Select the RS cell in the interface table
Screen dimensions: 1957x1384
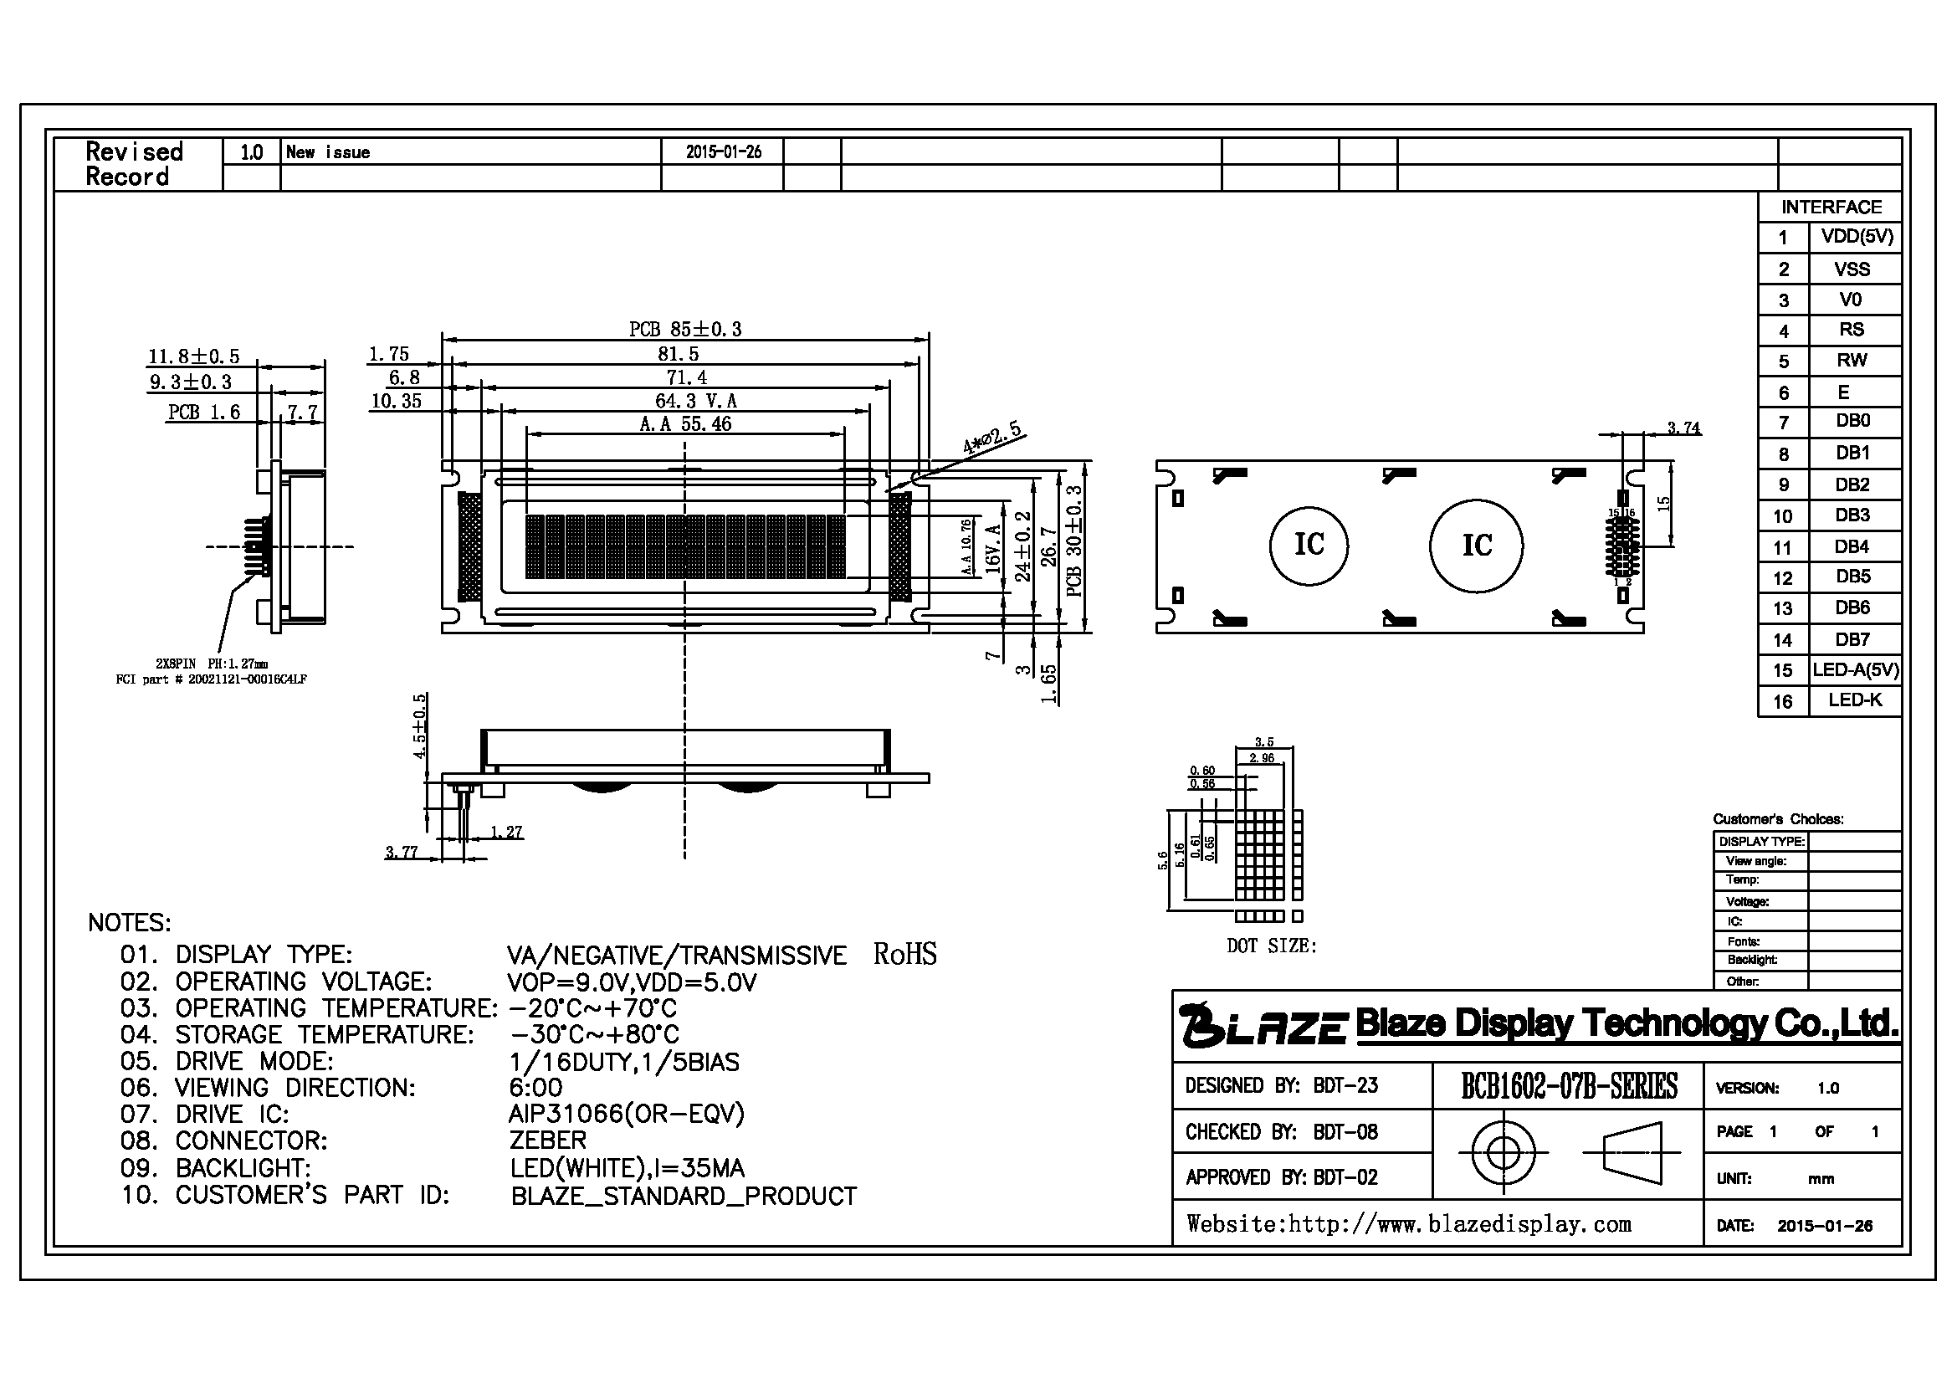pyautogui.click(x=1854, y=330)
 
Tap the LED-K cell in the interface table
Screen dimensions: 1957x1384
pyautogui.click(x=1854, y=700)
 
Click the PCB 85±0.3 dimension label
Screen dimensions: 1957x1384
pyautogui.click(x=685, y=329)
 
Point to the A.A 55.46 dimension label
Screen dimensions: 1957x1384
pyautogui.click(x=685, y=423)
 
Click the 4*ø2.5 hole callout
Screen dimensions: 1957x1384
pyautogui.click(x=992, y=437)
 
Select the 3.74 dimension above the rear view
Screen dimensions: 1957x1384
pyautogui.click(x=1683, y=427)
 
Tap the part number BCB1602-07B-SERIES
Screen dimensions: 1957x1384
pyautogui.click(x=1569, y=1086)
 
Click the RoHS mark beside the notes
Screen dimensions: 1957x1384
pyautogui.click(x=904, y=954)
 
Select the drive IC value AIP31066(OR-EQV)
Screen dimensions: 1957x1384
pyautogui.click(x=627, y=1114)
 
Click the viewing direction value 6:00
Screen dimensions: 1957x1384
pyautogui.click(x=536, y=1088)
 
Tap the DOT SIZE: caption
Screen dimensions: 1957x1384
pyautogui.click(x=1271, y=946)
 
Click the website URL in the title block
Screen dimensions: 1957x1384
pyautogui.click(x=1409, y=1225)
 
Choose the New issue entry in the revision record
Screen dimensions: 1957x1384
pyautogui.click(x=328, y=152)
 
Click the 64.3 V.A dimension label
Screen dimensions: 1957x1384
pyautogui.click(x=695, y=401)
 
